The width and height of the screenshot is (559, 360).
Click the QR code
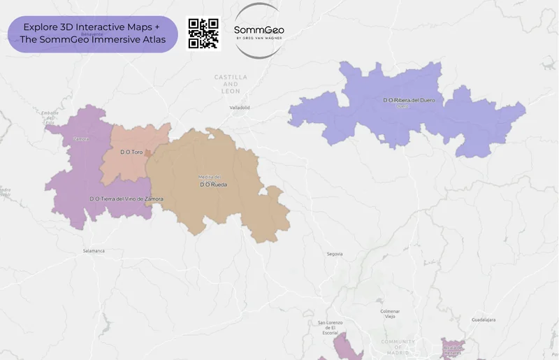click(x=203, y=33)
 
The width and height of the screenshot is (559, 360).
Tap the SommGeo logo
click(x=259, y=31)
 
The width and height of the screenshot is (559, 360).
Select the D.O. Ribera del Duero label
click(x=409, y=101)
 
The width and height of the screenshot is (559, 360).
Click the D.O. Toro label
click(x=131, y=152)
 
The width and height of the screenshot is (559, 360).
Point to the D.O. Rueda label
click(x=213, y=185)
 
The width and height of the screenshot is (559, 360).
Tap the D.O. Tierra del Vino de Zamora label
click(x=126, y=199)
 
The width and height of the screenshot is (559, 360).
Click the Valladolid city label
click(x=240, y=108)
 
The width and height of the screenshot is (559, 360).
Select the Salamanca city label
click(x=94, y=250)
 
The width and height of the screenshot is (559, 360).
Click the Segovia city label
click(x=335, y=254)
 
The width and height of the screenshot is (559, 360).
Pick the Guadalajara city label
click(x=484, y=319)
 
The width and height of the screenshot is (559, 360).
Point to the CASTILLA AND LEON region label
click(x=231, y=83)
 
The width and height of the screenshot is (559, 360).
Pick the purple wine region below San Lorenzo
click(x=347, y=348)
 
